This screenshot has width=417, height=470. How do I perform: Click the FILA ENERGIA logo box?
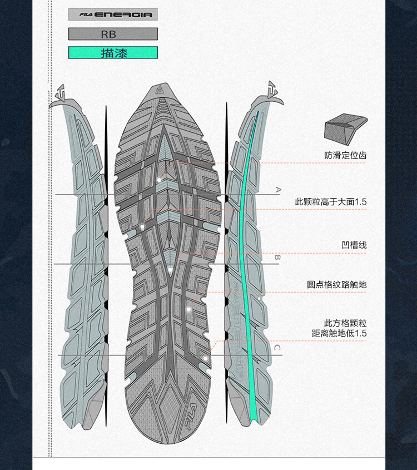point(113,14)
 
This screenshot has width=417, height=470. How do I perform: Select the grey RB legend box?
point(113,34)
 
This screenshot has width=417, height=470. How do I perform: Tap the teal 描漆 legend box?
point(113,53)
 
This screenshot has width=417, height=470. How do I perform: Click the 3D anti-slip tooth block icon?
point(345,127)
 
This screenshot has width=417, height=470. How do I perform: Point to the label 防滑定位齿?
point(345,155)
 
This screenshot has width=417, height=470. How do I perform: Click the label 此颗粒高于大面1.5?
point(331,202)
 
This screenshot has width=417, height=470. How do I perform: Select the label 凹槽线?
point(354,245)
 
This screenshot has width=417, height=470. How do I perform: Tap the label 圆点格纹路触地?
point(337,285)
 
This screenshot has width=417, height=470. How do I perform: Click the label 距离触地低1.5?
point(339,334)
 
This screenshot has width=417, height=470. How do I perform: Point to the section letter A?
point(277,190)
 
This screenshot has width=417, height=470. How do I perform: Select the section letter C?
point(277,348)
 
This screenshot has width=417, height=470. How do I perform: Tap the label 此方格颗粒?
point(345,323)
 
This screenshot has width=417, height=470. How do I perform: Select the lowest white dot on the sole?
point(205,359)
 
